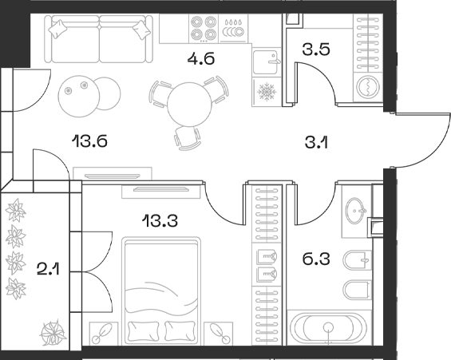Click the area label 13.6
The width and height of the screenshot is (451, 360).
tap(89, 141)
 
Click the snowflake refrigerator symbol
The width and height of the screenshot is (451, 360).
tap(265, 93)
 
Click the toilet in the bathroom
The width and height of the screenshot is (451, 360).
tap(356, 261)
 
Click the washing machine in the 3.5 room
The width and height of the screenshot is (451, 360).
tap(366, 87)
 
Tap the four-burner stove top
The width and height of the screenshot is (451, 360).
tap(201, 29)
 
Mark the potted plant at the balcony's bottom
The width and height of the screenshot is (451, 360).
tap(55, 330)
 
